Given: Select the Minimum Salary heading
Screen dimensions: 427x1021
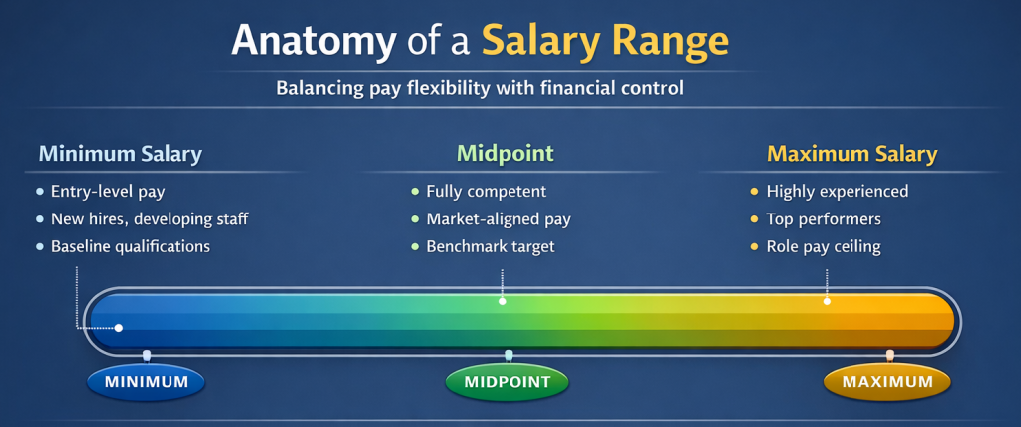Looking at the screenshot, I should (120, 154).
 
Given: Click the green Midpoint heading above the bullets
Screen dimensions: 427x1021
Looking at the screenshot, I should (505, 154).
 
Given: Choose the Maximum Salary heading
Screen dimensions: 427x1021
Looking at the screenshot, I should (851, 154).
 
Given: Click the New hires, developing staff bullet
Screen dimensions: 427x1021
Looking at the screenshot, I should (149, 218).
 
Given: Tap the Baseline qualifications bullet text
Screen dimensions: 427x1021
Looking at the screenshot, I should (130, 246).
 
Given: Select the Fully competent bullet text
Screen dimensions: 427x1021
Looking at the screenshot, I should (486, 191).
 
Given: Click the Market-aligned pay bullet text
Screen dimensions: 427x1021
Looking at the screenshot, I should (498, 218).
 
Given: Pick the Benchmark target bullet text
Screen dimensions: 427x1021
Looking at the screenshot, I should (490, 246).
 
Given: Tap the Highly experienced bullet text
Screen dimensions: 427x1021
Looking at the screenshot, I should (837, 191).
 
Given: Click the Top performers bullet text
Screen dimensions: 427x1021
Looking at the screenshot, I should (823, 218).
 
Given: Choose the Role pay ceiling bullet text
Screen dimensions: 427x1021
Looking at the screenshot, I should (823, 246).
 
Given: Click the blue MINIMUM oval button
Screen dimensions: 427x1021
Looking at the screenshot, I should (146, 382).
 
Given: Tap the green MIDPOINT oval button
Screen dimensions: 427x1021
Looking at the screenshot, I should (507, 382).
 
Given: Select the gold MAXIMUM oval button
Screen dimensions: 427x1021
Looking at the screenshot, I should (887, 382).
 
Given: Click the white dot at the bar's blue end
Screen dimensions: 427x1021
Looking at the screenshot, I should (119, 328).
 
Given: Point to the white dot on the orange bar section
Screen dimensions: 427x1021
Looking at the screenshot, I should (827, 301).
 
